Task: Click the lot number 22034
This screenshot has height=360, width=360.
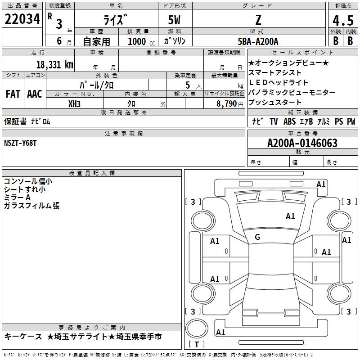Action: [x=22, y=19]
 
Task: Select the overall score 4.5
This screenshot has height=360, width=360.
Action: [x=343, y=20]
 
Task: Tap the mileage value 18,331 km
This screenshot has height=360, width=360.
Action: [x=54, y=65]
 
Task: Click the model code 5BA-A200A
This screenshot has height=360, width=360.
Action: [x=258, y=41]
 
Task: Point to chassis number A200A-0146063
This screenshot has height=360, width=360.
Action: [x=302, y=143]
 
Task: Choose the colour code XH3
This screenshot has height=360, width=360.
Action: [x=74, y=104]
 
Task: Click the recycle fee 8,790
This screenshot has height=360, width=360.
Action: [x=227, y=104]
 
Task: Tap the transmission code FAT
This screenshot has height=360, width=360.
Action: [x=13, y=94]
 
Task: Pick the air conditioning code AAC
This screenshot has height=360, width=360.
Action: [x=35, y=94]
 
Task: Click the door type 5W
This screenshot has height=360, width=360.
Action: [x=174, y=20]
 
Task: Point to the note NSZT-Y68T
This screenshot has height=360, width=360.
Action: [x=20, y=143]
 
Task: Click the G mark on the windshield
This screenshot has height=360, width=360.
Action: [x=257, y=237]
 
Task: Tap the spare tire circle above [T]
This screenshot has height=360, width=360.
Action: [x=197, y=328]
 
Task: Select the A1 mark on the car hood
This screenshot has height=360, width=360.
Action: [x=290, y=216]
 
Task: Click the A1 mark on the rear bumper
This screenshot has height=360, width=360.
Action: [x=220, y=332]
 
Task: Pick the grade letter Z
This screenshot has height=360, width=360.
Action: [x=258, y=20]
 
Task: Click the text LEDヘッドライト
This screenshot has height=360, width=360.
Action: [x=278, y=82]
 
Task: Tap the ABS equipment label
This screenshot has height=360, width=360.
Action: [x=289, y=121]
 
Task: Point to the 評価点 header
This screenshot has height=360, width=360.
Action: [x=343, y=5]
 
